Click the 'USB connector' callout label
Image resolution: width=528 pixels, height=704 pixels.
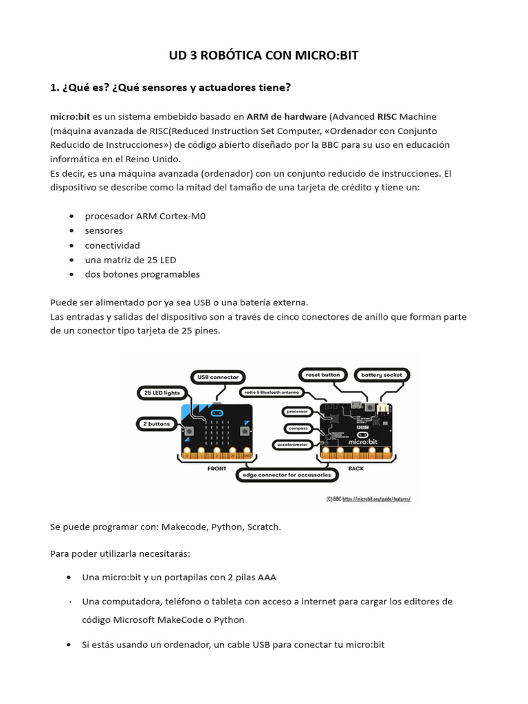[218, 377]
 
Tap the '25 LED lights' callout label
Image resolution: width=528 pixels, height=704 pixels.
[162, 393]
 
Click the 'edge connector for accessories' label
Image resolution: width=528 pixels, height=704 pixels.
[286, 475]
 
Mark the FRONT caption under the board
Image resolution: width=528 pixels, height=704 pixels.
[217, 468]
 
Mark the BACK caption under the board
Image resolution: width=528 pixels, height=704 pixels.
[355, 468]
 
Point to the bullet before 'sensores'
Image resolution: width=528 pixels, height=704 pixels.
[71, 231]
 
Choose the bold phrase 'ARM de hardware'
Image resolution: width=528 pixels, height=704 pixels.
[287, 116]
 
